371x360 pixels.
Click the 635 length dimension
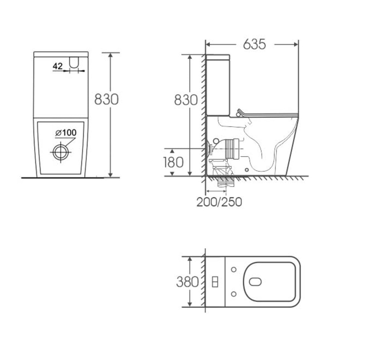[255, 44]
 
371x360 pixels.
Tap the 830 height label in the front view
[106, 99]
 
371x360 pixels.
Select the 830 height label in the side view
[186, 100]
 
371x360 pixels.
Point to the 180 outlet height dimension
[173, 162]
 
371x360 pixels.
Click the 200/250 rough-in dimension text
[219, 202]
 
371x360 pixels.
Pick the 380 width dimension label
[187, 282]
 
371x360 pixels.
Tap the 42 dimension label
[58, 66]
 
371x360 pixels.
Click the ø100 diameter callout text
[66, 133]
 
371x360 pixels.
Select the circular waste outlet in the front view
[61, 152]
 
